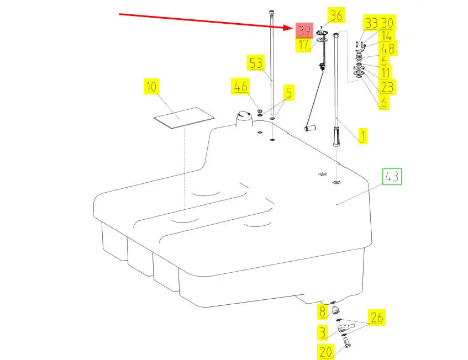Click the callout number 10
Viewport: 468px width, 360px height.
pyautogui.click(x=151, y=87)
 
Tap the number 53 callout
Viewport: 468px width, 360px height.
pyautogui.click(x=256, y=63)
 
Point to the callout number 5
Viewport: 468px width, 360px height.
pyautogui.click(x=287, y=91)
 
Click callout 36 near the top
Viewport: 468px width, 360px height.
pyautogui.click(x=335, y=15)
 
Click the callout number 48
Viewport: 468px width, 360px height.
pyautogui.click(x=387, y=49)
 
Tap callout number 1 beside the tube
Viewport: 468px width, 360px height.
pyautogui.click(x=362, y=136)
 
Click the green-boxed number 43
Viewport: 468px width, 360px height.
pyautogui.click(x=392, y=177)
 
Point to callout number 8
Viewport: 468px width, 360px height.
pyautogui.click(x=322, y=313)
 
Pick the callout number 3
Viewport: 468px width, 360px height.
pyautogui.click(x=322, y=332)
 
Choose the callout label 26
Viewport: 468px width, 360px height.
pyautogui.click(x=377, y=317)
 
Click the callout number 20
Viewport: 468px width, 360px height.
pyautogui.click(x=325, y=351)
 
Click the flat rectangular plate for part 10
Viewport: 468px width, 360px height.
pyautogui.click(x=183, y=118)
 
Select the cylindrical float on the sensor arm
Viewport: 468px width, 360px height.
pyautogui.click(x=310, y=128)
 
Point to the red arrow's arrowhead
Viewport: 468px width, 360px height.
pyautogui.click(x=292, y=27)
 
